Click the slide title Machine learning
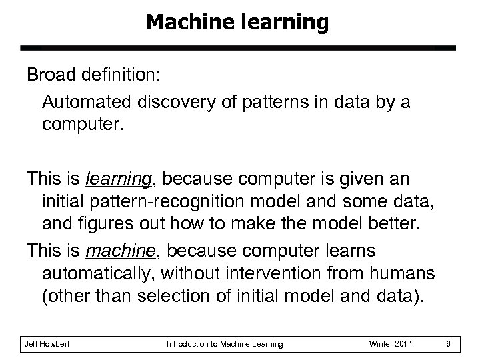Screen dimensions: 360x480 pos(237,23)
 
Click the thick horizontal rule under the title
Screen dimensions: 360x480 pos(237,49)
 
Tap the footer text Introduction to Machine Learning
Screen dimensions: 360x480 pos(224,344)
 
